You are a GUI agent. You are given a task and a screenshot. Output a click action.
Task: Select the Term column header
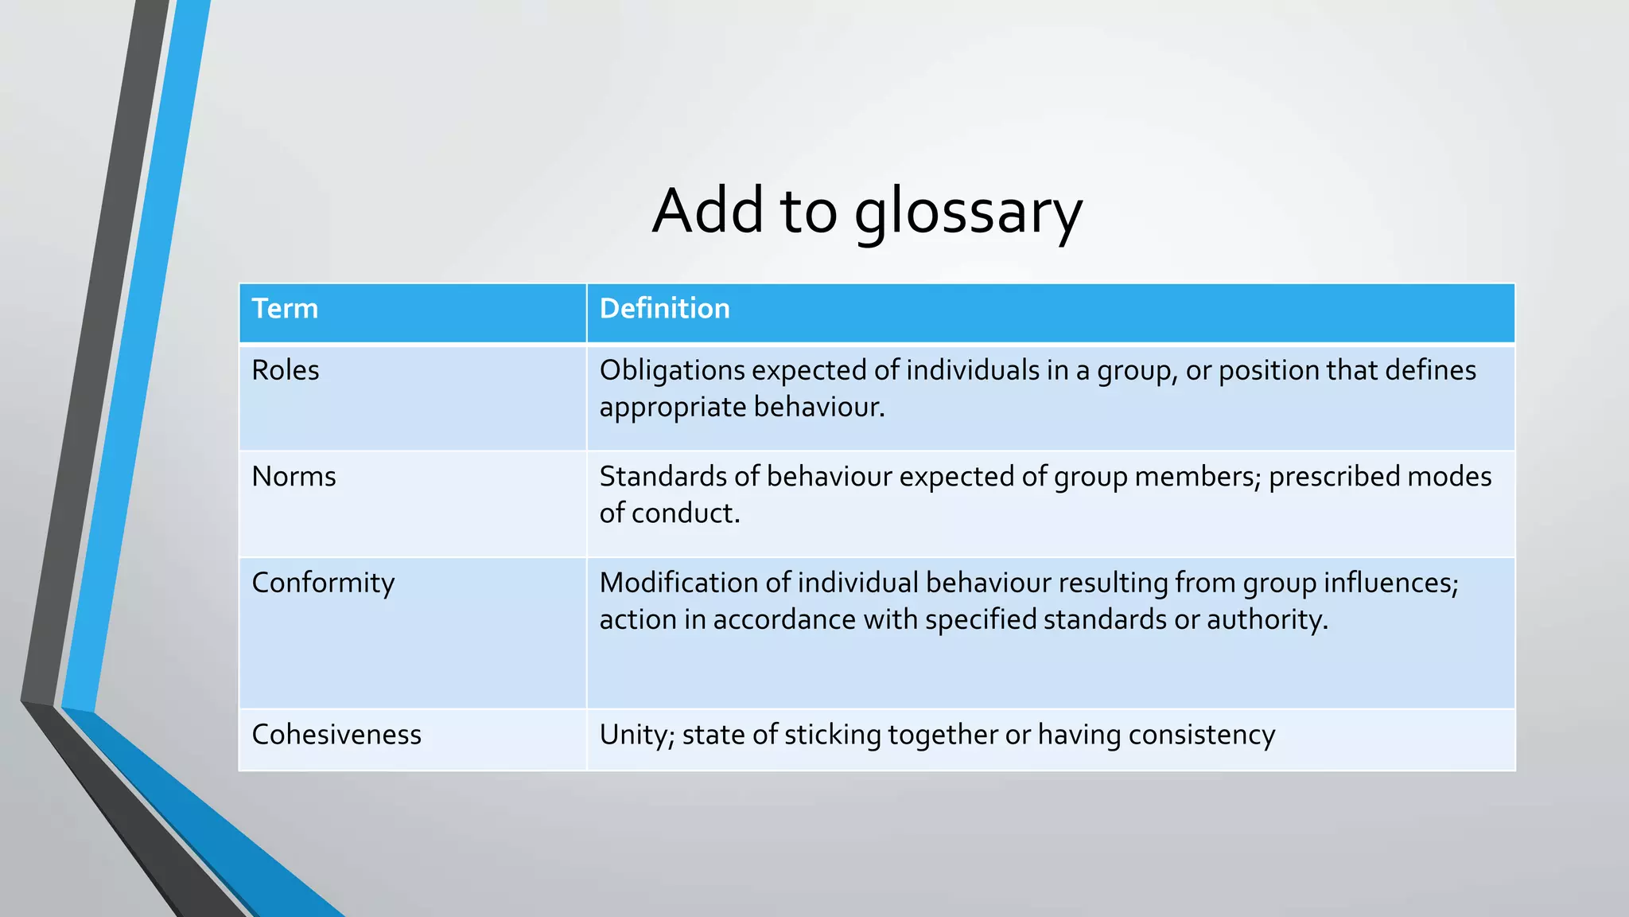click(x=285, y=309)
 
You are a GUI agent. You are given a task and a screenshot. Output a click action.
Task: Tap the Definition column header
click(x=664, y=309)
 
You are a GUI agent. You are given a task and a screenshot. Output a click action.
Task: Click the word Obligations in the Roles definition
click(x=672, y=371)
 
